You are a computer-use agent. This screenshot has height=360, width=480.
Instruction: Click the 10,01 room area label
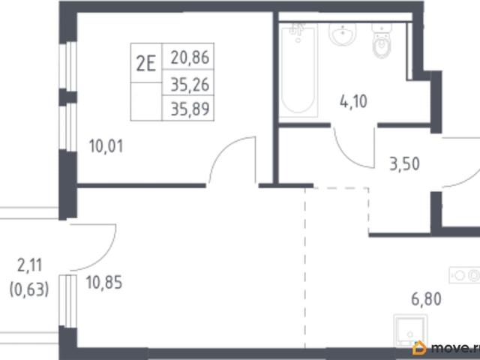click(106, 146)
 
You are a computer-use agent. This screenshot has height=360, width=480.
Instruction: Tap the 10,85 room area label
click(104, 282)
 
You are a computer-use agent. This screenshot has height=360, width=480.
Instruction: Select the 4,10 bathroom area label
click(353, 102)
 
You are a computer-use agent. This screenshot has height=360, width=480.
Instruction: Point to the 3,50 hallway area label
click(404, 163)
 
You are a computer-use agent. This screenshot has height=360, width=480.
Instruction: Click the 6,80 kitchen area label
click(426, 299)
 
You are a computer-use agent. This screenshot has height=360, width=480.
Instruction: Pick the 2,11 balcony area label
click(30, 265)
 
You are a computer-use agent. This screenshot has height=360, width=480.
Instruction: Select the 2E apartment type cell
click(146, 63)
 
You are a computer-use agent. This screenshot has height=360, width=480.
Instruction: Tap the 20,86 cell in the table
click(188, 57)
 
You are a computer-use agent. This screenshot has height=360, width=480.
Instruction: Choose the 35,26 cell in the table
click(188, 82)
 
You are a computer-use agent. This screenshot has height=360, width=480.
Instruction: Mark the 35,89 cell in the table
click(188, 108)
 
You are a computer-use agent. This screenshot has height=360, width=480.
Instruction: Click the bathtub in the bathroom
click(298, 70)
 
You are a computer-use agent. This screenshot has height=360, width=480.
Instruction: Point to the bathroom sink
click(342, 33)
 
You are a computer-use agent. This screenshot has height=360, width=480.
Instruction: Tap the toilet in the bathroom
click(382, 41)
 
